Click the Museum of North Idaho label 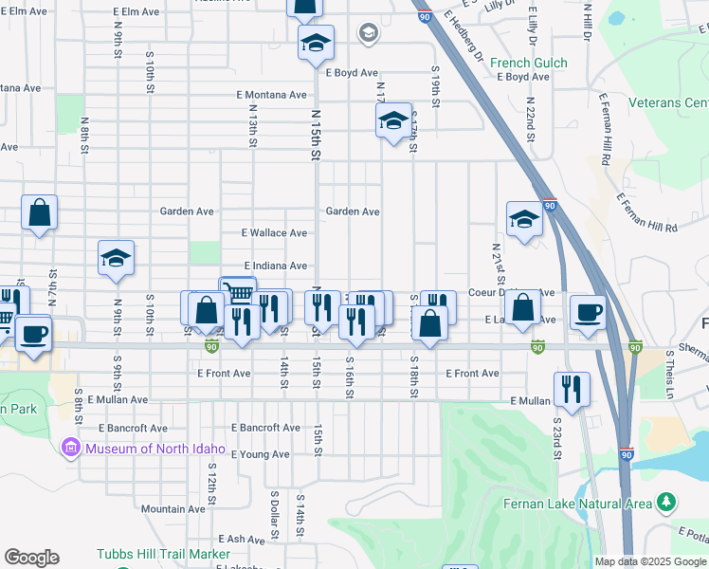point(154,449)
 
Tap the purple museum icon point(69,448)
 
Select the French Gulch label point(529,64)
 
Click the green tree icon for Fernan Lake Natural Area point(667,501)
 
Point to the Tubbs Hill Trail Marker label point(163,554)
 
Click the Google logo point(31,558)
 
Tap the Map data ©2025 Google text point(650,561)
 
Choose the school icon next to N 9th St point(116,258)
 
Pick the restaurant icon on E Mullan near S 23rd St point(572,387)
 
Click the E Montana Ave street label point(272,95)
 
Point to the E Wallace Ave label point(274,232)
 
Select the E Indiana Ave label point(275,266)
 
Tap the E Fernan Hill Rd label point(646,213)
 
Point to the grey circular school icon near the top point(367,34)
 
